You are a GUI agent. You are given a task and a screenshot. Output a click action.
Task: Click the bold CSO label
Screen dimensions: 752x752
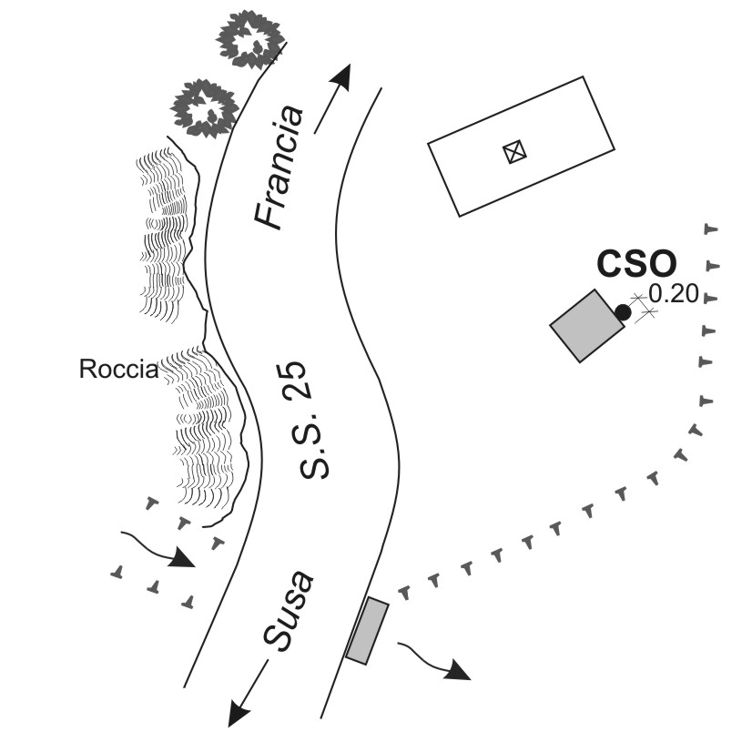click(636, 264)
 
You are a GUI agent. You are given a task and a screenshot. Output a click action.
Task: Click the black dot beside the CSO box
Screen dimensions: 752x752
click(623, 312)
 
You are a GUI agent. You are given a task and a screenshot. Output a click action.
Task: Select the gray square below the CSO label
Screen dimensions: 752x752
click(586, 326)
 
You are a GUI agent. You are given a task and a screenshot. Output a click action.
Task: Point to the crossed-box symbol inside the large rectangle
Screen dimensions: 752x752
click(516, 152)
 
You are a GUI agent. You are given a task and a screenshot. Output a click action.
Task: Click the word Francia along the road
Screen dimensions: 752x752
click(279, 167)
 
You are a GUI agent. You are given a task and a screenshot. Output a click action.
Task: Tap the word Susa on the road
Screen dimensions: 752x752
click(290, 612)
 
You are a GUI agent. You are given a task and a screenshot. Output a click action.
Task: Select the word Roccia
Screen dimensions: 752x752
click(118, 370)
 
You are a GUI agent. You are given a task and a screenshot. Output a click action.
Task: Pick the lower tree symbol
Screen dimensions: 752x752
click(205, 107)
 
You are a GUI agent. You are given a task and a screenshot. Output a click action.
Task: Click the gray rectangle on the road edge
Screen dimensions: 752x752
click(367, 630)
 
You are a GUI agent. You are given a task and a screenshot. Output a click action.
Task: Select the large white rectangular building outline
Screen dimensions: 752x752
click(521, 146)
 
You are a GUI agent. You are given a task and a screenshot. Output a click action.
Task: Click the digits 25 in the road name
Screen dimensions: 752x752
click(312, 383)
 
